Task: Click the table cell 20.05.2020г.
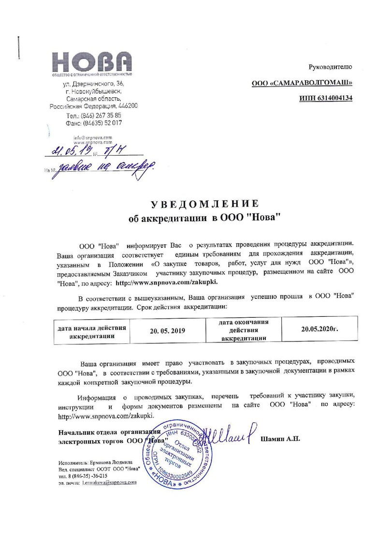(x=319, y=329)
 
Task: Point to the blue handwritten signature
(x=227, y=433)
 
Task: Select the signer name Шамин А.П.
(x=280, y=439)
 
